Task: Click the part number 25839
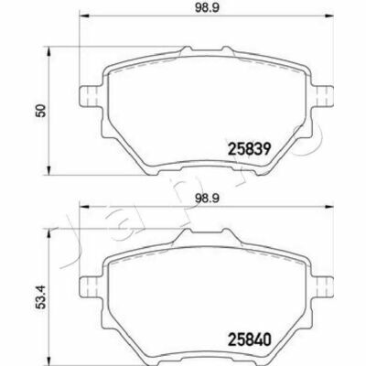coord(249,150)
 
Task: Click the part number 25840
coord(249,339)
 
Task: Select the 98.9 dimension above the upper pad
coord(207,8)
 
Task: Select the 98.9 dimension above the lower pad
coord(207,199)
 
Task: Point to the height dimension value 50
coord(40,111)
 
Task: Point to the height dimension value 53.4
coord(40,297)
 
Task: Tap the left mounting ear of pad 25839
coord(90,96)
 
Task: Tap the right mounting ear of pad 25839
coord(323,96)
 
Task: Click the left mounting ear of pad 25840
coord(90,286)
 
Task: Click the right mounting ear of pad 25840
coord(323,286)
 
